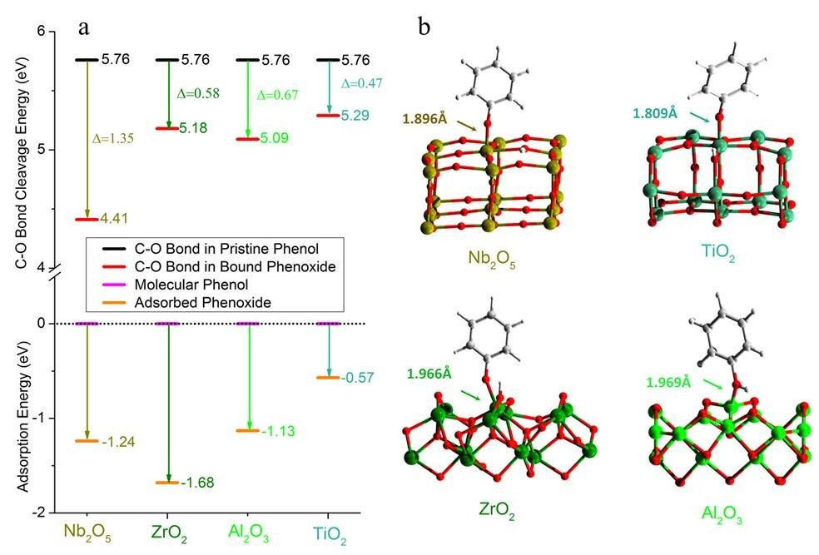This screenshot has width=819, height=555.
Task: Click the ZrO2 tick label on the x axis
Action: pos(168,530)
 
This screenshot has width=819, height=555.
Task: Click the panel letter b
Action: pos(424,28)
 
